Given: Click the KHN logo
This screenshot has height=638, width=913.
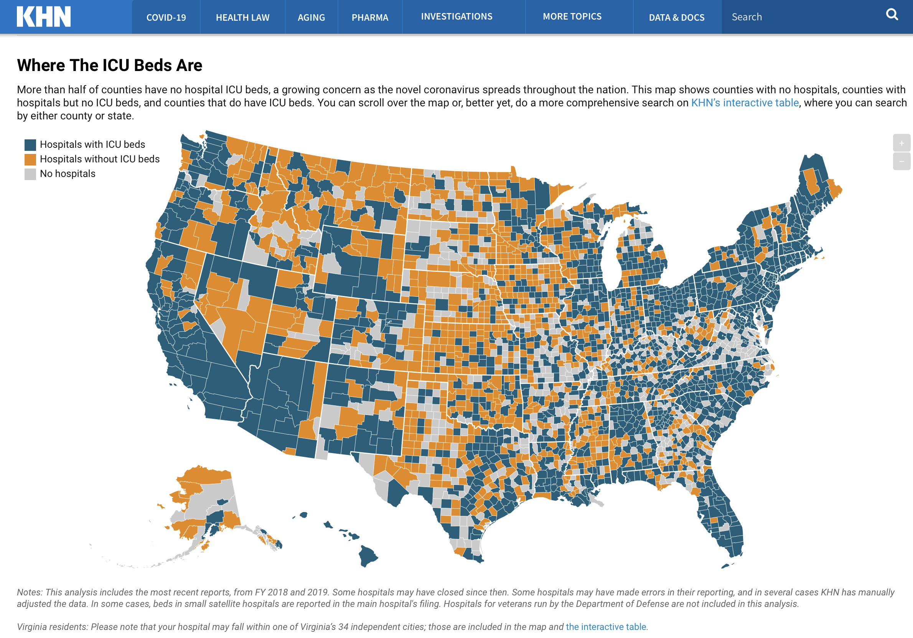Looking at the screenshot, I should [44, 17].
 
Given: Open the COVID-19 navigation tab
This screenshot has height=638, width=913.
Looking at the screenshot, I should [166, 18].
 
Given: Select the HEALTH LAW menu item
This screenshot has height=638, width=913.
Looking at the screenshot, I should [242, 18].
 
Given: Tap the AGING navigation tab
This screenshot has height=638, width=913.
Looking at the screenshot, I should [311, 18].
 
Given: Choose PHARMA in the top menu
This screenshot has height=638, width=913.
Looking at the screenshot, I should [369, 18].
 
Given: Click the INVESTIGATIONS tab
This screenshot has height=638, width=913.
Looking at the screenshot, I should [456, 17].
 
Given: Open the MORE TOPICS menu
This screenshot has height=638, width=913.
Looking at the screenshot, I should [572, 17].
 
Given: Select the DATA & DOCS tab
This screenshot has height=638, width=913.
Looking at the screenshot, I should [676, 18].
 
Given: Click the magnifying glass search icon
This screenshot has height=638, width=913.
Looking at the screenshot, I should [892, 15].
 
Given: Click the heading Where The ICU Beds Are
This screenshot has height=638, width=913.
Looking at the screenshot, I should [109, 65].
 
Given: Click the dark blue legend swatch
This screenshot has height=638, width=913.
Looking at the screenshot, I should [30, 145].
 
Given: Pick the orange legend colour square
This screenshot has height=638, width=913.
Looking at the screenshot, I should [30, 160].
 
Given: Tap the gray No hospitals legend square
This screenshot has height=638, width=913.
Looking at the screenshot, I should [30, 174].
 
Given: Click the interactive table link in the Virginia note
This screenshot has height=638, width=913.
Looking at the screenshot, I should [606, 627].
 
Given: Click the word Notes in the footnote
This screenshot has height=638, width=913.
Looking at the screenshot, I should [29, 592].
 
